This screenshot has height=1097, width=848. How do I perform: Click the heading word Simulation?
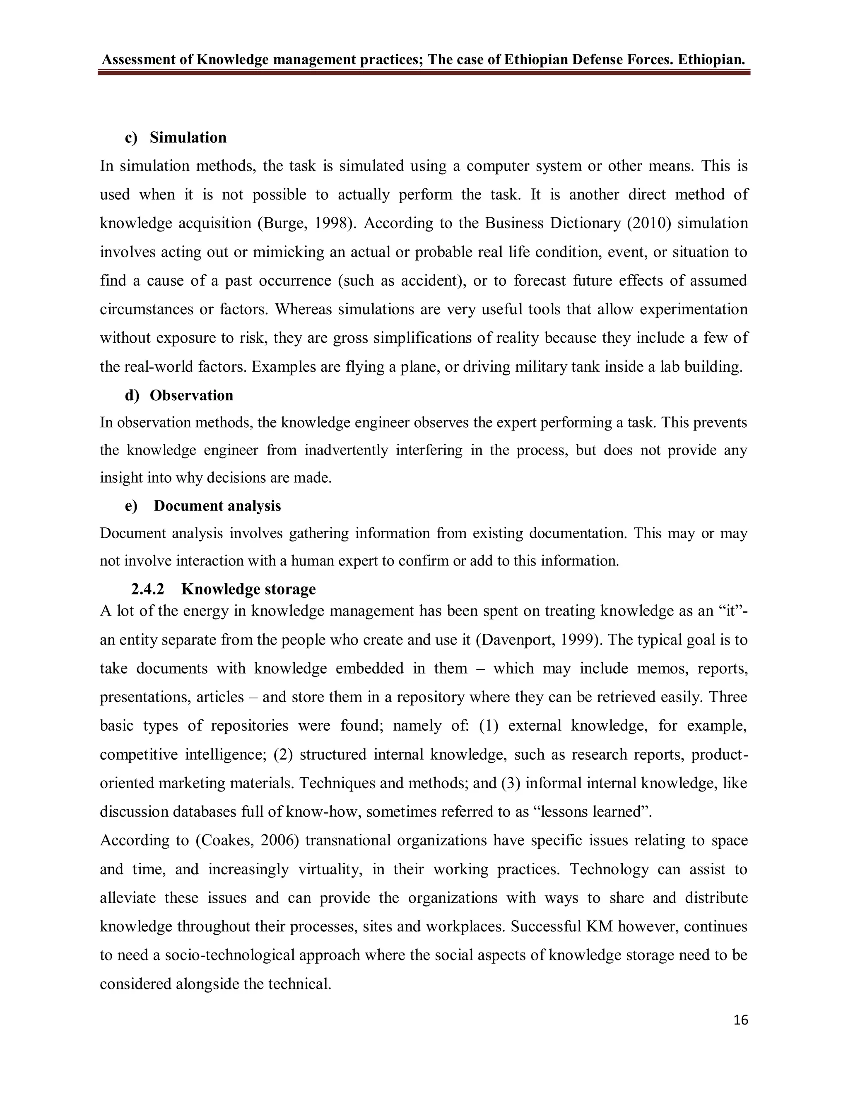tap(188, 137)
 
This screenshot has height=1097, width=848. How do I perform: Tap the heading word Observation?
tap(191, 395)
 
